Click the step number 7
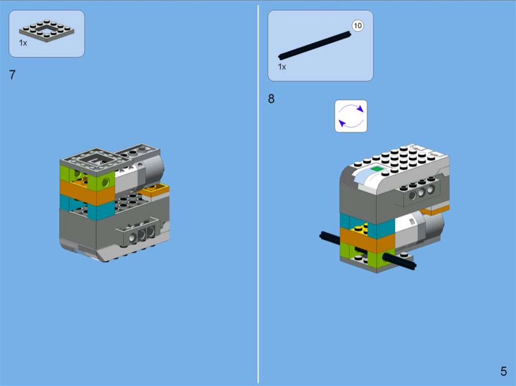pos(12,74)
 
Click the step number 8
pos(271,99)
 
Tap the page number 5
pos(503,371)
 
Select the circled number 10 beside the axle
pos(357,26)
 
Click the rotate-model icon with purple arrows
pos(351,116)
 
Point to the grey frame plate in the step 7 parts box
pos(47,31)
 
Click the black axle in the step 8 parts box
pos(315,45)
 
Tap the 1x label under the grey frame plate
pos(23,43)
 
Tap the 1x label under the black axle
pos(282,67)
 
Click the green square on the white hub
pos(377,169)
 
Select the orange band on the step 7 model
pos(87,193)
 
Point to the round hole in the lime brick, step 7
pos(105,181)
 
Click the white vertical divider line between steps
pos(258,194)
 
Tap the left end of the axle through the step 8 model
pos(321,235)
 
